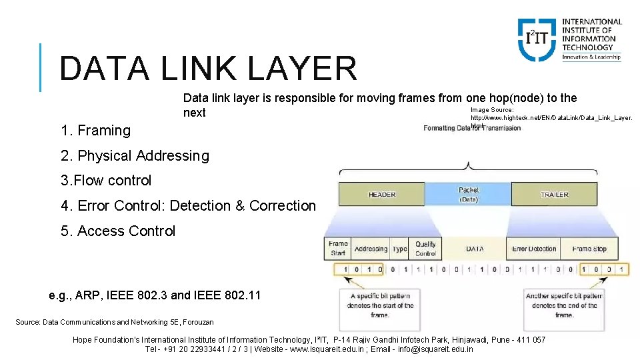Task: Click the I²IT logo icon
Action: click(x=537, y=39)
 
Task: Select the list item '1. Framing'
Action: click(x=95, y=131)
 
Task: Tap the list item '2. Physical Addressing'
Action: click(x=135, y=156)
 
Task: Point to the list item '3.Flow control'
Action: click(x=106, y=181)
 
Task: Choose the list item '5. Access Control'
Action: click(x=118, y=231)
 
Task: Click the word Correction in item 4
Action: click(x=283, y=206)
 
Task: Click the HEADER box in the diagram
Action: click(x=381, y=195)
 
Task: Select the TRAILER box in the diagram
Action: click(x=554, y=195)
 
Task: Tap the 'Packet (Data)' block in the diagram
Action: click(x=468, y=194)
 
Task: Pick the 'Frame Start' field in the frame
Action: click(x=338, y=249)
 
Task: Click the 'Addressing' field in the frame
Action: click(x=371, y=249)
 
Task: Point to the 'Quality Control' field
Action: click(x=425, y=249)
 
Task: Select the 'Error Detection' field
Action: click(x=534, y=249)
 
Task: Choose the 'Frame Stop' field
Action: click(x=589, y=249)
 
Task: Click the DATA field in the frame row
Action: click(x=475, y=249)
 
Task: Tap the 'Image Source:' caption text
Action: click(x=492, y=109)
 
